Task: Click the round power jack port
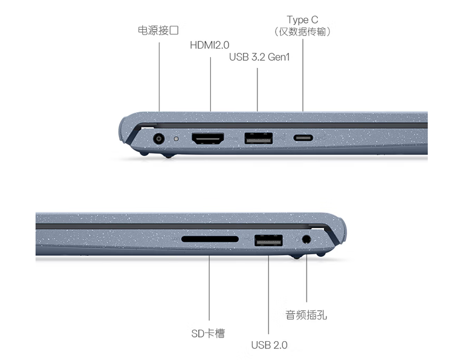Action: [158, 139]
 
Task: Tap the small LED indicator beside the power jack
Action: [176, 139]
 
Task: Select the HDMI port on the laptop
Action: [208, 139]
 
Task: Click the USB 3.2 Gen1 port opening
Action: [258, 138]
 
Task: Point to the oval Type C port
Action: [303, 138]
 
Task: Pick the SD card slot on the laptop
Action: [210, 239]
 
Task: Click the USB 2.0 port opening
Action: [268, 240]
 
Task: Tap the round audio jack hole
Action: [306, 240]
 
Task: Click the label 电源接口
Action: [158, 30]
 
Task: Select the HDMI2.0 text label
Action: [209, 45]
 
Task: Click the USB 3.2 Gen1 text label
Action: [259, 57]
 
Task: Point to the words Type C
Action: [302, 20]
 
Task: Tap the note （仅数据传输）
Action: [302, 31]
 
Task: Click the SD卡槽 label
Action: [208, 333]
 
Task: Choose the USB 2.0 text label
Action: [269, 345]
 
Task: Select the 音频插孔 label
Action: [306, 315]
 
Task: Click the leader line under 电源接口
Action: [159, 77]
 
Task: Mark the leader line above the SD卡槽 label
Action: [209, 288]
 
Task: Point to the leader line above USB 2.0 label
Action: [268, 295]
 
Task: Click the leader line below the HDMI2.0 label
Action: [211, 84]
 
